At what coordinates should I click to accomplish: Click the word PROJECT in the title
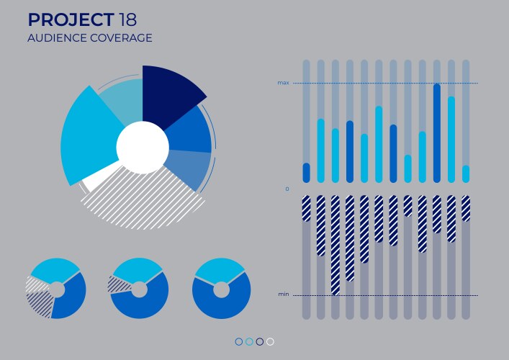pos(71,19)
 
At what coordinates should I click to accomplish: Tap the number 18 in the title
pos(130,19)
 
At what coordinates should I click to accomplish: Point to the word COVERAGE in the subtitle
pos(121,38)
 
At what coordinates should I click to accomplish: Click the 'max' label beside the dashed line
pos(283,83)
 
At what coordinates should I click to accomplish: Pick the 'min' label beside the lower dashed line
pos(283,294)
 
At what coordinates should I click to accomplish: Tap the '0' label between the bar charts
pos(287,189)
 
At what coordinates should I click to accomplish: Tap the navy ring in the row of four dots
pos(260,342)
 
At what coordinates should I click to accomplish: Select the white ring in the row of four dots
pos(270,342)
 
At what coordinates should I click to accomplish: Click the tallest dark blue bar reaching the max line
pos(437,133)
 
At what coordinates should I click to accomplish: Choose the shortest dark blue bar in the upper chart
pos(307,173)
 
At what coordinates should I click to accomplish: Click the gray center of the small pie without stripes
pos(221,290)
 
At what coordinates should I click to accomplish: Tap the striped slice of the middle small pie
pos(117,284)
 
